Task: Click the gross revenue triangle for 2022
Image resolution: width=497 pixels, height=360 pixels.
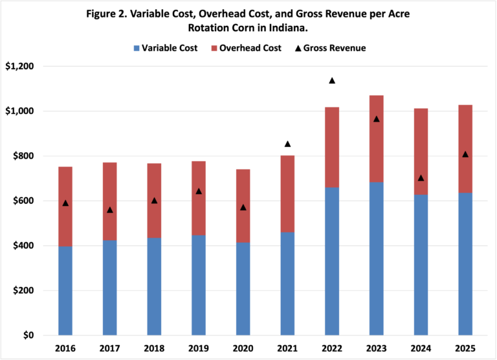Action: [332, 81]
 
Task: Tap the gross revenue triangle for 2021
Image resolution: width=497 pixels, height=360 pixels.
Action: [287, 144]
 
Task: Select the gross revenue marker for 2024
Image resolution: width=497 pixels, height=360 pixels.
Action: [421, 178]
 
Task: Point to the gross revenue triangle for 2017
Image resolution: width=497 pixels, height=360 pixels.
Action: [110, 210]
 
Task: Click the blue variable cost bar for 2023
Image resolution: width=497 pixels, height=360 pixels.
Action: [376, 259]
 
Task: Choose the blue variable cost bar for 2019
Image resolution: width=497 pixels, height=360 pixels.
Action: [199, 285]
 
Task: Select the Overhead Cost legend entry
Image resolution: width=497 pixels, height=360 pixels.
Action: [248, 48]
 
